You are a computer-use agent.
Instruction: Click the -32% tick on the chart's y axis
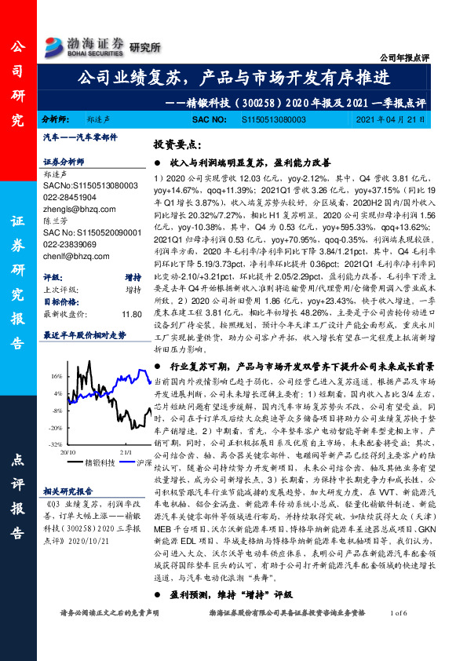tap(57, 444)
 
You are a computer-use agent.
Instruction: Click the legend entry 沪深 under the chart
tap(144, 464)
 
